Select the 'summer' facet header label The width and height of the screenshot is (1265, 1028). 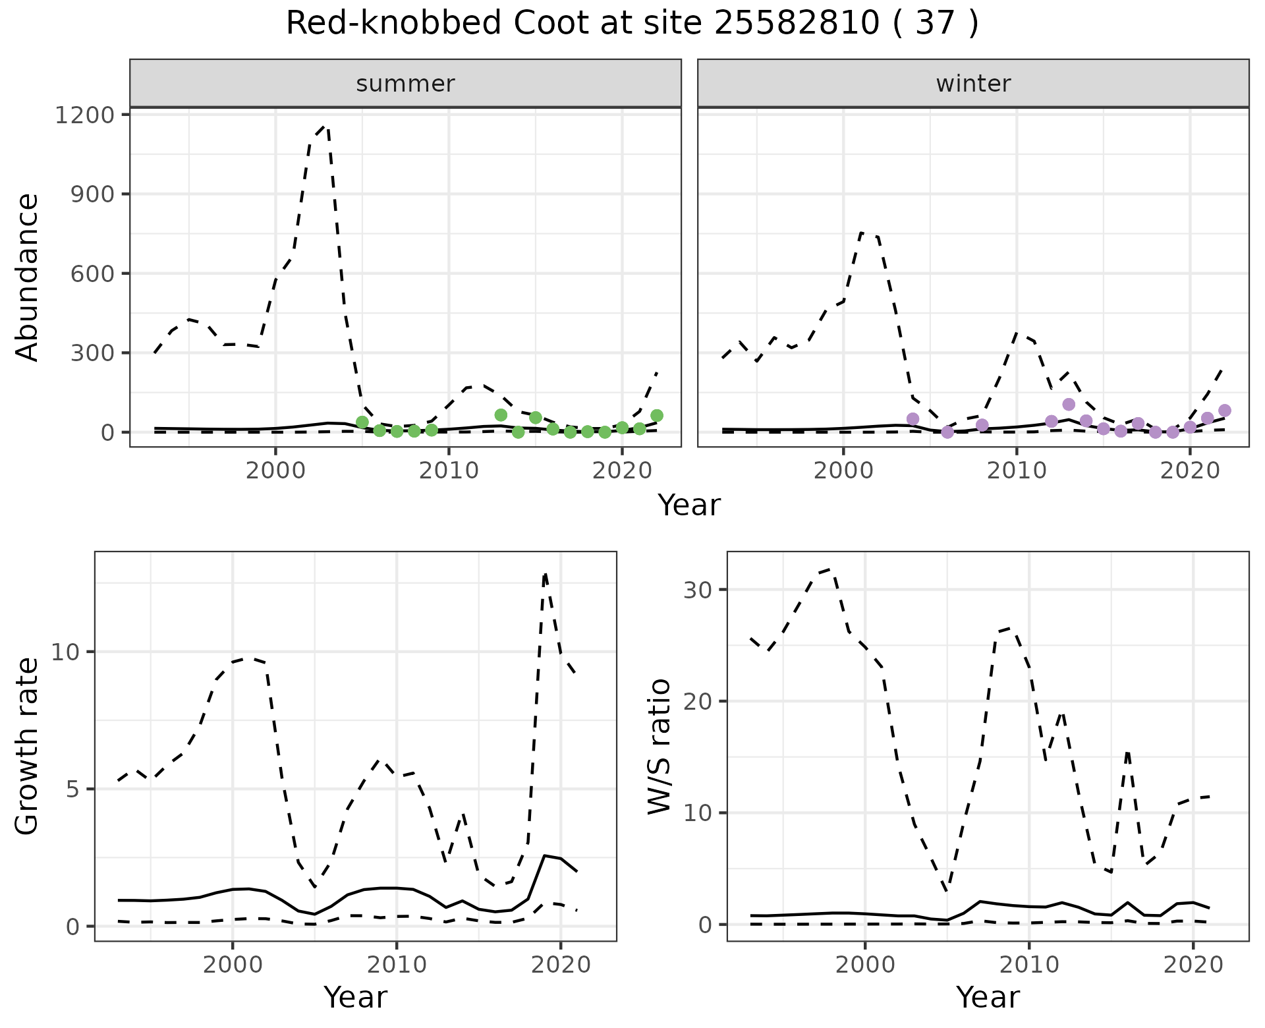tap(405, 84)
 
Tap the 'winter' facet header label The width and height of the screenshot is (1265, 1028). tap(973, 84)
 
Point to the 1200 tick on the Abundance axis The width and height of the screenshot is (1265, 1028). tap(84, 115)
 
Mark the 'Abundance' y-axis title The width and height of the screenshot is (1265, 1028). tap(28, 277)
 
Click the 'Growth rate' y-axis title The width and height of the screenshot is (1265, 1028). tap(28, 746)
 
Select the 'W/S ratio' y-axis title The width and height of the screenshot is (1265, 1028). tap(659, 746)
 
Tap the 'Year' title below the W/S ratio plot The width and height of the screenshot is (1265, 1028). tap(988, 998)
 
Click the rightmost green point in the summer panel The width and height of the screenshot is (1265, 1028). tap(657, 415)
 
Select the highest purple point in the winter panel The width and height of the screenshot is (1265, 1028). tap(1069, 404)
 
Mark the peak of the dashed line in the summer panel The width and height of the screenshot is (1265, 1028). tap(325, 126)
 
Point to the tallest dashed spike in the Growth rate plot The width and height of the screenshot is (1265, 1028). tap(545, 573)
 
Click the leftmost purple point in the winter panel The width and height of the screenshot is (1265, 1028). tap(913, 419)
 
